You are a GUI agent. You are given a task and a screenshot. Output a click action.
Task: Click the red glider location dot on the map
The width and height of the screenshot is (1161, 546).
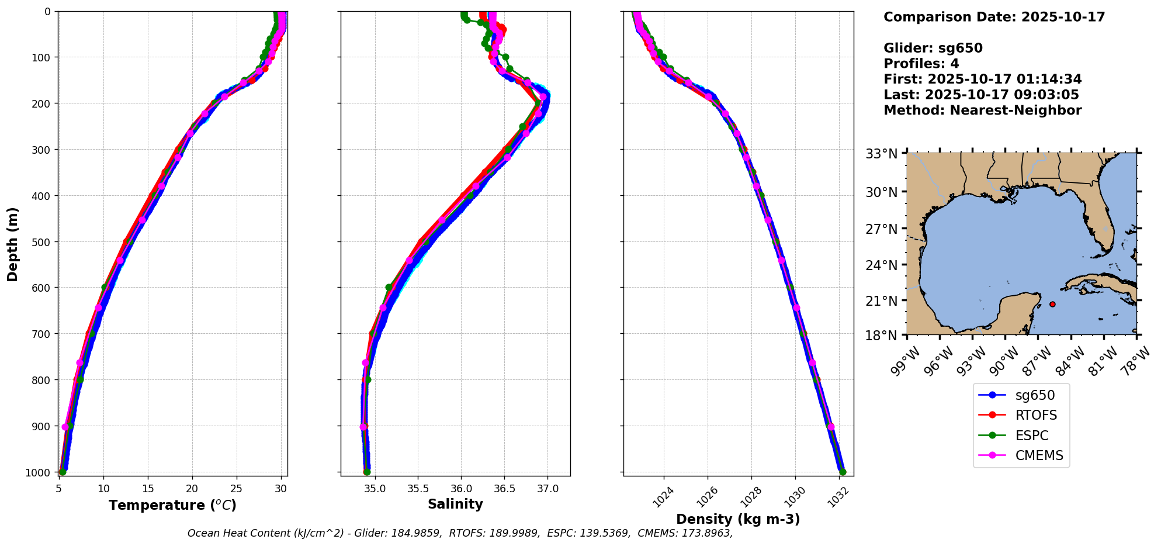pos(1052,304)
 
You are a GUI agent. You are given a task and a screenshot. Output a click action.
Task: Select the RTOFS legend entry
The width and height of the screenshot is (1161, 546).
pos(1035,416)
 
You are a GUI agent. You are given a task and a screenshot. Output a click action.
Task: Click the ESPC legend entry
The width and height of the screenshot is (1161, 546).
pos(1031,436)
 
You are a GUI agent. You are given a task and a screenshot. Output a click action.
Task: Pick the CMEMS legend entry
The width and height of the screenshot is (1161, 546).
pos(1039,456)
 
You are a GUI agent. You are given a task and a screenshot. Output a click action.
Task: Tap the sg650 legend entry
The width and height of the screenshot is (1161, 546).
pos(1035,395)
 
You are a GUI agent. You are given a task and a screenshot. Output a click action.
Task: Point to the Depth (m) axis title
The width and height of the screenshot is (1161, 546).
pos(13,244)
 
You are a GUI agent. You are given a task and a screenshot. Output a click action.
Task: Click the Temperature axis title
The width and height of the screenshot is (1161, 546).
pos(172,505)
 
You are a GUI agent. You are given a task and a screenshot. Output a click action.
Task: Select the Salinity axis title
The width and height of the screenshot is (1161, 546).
pos(455,504)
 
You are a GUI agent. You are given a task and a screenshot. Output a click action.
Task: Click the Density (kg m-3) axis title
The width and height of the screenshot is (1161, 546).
pos(738,519)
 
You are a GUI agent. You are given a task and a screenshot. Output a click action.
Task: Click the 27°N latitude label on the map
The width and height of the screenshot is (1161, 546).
pos(881,229)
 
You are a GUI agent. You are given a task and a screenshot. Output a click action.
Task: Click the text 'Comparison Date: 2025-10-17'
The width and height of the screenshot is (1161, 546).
pos(994,17)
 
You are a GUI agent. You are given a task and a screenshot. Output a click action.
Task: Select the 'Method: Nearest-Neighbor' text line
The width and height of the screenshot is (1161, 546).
pos(982,110)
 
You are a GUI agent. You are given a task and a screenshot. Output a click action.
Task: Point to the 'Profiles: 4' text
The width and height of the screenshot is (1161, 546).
pos(921,64)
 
